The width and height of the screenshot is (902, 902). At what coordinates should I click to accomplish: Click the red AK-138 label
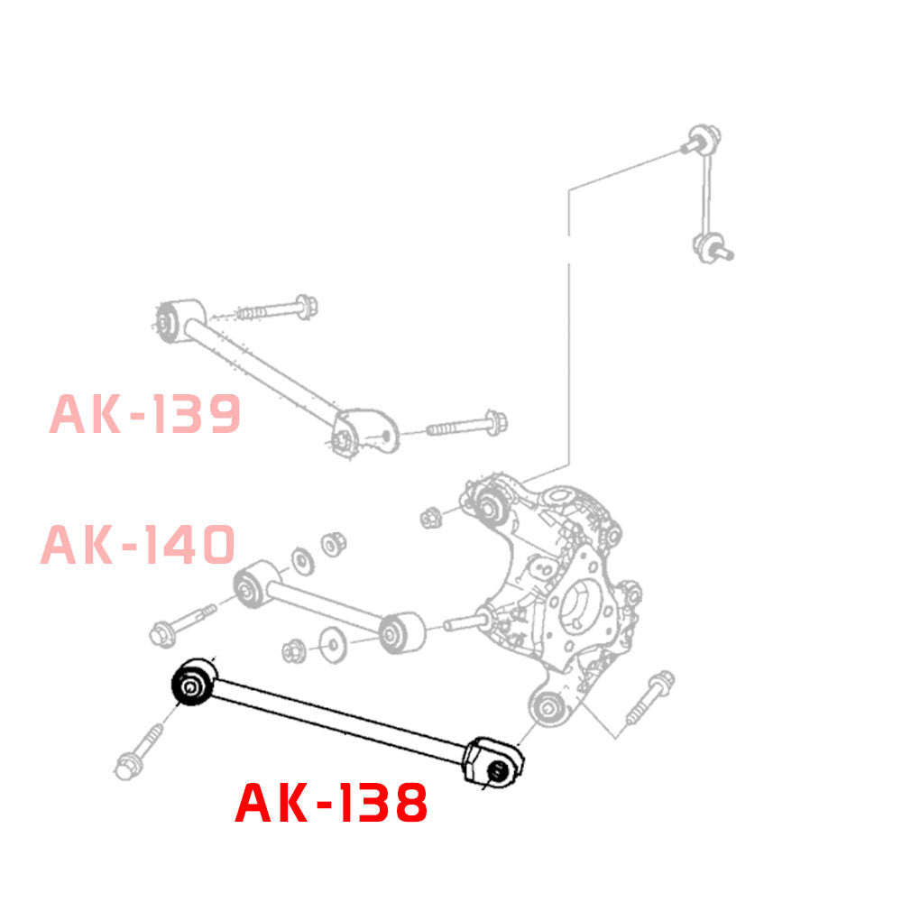[331, 804]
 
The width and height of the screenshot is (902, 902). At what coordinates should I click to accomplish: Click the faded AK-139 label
[145, 414]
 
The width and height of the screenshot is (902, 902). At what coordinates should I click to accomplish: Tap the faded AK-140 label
[138, 545]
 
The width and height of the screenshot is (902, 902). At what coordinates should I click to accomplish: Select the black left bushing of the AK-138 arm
[192, 686]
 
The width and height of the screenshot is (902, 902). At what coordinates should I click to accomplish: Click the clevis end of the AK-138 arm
[492, 762]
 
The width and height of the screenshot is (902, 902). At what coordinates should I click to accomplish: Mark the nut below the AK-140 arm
[294, 649]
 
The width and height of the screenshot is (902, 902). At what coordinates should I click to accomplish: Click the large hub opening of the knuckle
[583, 612]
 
